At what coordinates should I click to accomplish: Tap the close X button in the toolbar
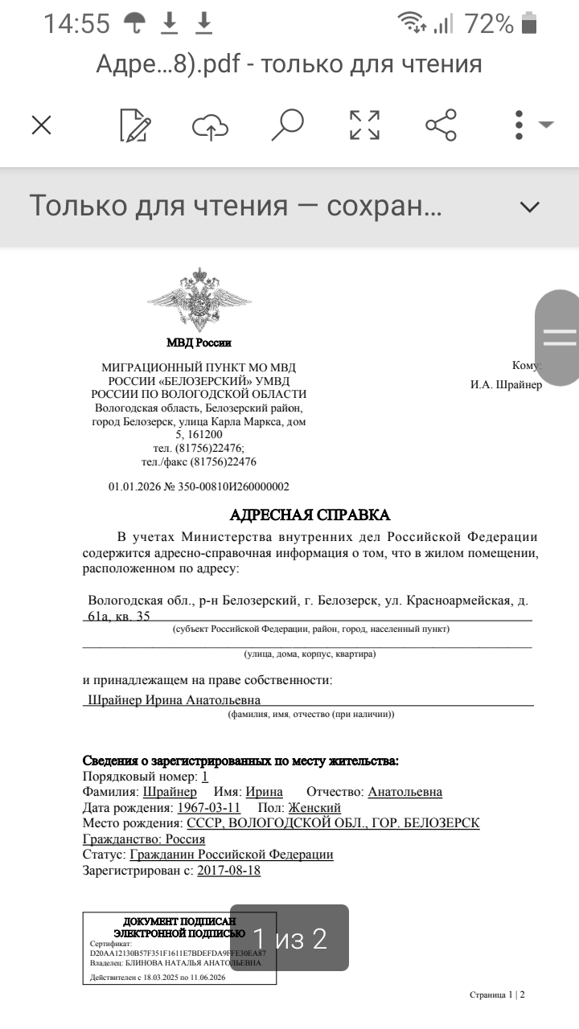pos(41,125)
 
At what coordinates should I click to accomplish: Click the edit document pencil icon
pos(134,125)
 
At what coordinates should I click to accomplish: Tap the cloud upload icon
pos(210,125)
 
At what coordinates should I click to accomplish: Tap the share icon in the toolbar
pos(441,125)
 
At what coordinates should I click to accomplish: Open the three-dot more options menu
pos(519,125)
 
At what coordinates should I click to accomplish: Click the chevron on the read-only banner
pos(529,207)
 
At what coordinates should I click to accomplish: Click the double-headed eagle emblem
pos(199,300)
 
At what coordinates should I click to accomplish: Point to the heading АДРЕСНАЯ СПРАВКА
pos(310,514)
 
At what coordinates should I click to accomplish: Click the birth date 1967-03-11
pos(208,807)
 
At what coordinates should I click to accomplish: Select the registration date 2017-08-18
pos(228,870)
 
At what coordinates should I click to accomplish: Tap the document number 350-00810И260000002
pos(232,486)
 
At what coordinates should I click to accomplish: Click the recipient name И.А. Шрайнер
pos(506,384)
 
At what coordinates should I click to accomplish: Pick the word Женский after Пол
pos(314,807)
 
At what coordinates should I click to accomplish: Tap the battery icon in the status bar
pos(528,24)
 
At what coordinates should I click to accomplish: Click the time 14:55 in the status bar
pos(76,24)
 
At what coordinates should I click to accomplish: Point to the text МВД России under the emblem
pos(199,342)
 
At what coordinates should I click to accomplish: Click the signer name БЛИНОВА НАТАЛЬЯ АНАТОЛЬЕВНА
pos(192,962)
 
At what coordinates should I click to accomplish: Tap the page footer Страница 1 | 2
pos(497,994)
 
